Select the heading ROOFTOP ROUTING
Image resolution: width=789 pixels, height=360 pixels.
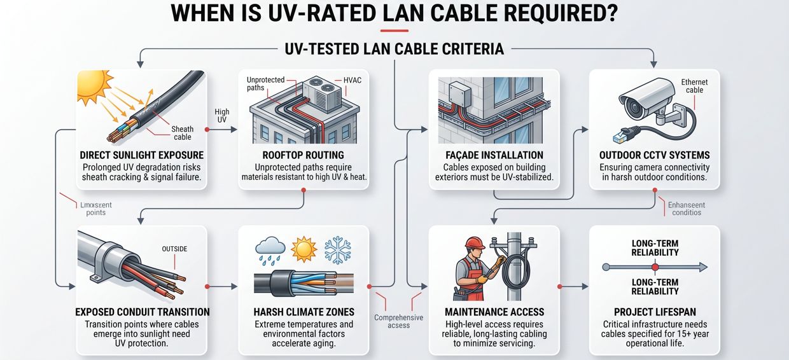coord(304,155)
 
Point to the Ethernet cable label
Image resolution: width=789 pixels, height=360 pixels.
coord(694,87)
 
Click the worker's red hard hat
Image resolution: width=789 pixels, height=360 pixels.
coord(474,244)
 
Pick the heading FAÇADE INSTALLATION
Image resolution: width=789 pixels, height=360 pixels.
coord(494,155)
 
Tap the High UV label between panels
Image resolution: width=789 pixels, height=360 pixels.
coord(222,116)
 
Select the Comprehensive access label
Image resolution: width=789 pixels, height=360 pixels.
coord(399,321)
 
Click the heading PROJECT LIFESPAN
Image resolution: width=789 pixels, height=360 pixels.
coord(655,312)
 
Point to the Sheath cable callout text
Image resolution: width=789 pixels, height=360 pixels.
coord(183,133)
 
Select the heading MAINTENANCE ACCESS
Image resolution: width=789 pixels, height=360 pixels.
coord(494,312)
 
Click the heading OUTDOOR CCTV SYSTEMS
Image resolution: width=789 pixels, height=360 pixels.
coord(655,155)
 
